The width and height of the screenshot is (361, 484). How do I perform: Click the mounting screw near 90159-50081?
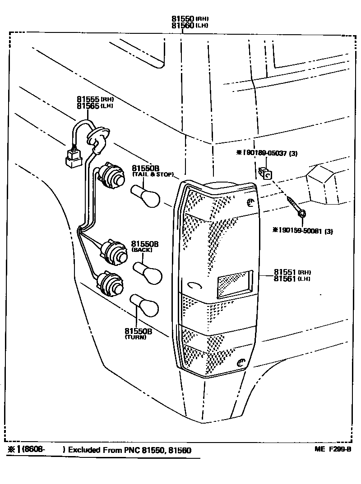pos(296,207)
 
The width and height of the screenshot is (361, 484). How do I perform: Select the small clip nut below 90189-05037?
pos(265,173)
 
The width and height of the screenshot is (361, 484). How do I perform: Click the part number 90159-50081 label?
pos(303,231)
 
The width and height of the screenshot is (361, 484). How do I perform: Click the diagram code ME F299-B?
pos(333,449)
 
